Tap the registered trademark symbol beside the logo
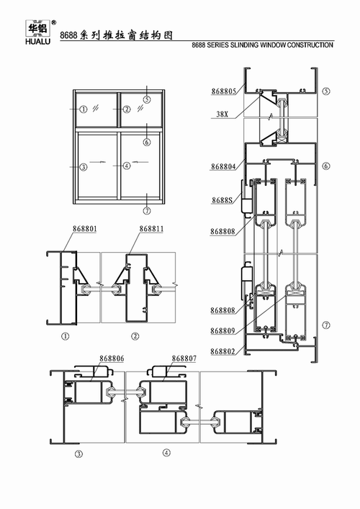click(54, 21)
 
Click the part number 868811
click(150, 229)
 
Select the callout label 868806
click(111, 358)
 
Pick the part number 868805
click(223, 91)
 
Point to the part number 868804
click(223, 167)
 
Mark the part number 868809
click(222, 331)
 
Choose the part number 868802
click(222, 351)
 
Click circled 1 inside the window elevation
click(84, 109)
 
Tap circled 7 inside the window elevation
click(146, 212)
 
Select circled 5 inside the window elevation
click(146, 99)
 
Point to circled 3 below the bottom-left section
click(78, 453)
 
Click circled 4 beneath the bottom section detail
click(166, 453)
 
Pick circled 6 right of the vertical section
click(326, 166)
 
